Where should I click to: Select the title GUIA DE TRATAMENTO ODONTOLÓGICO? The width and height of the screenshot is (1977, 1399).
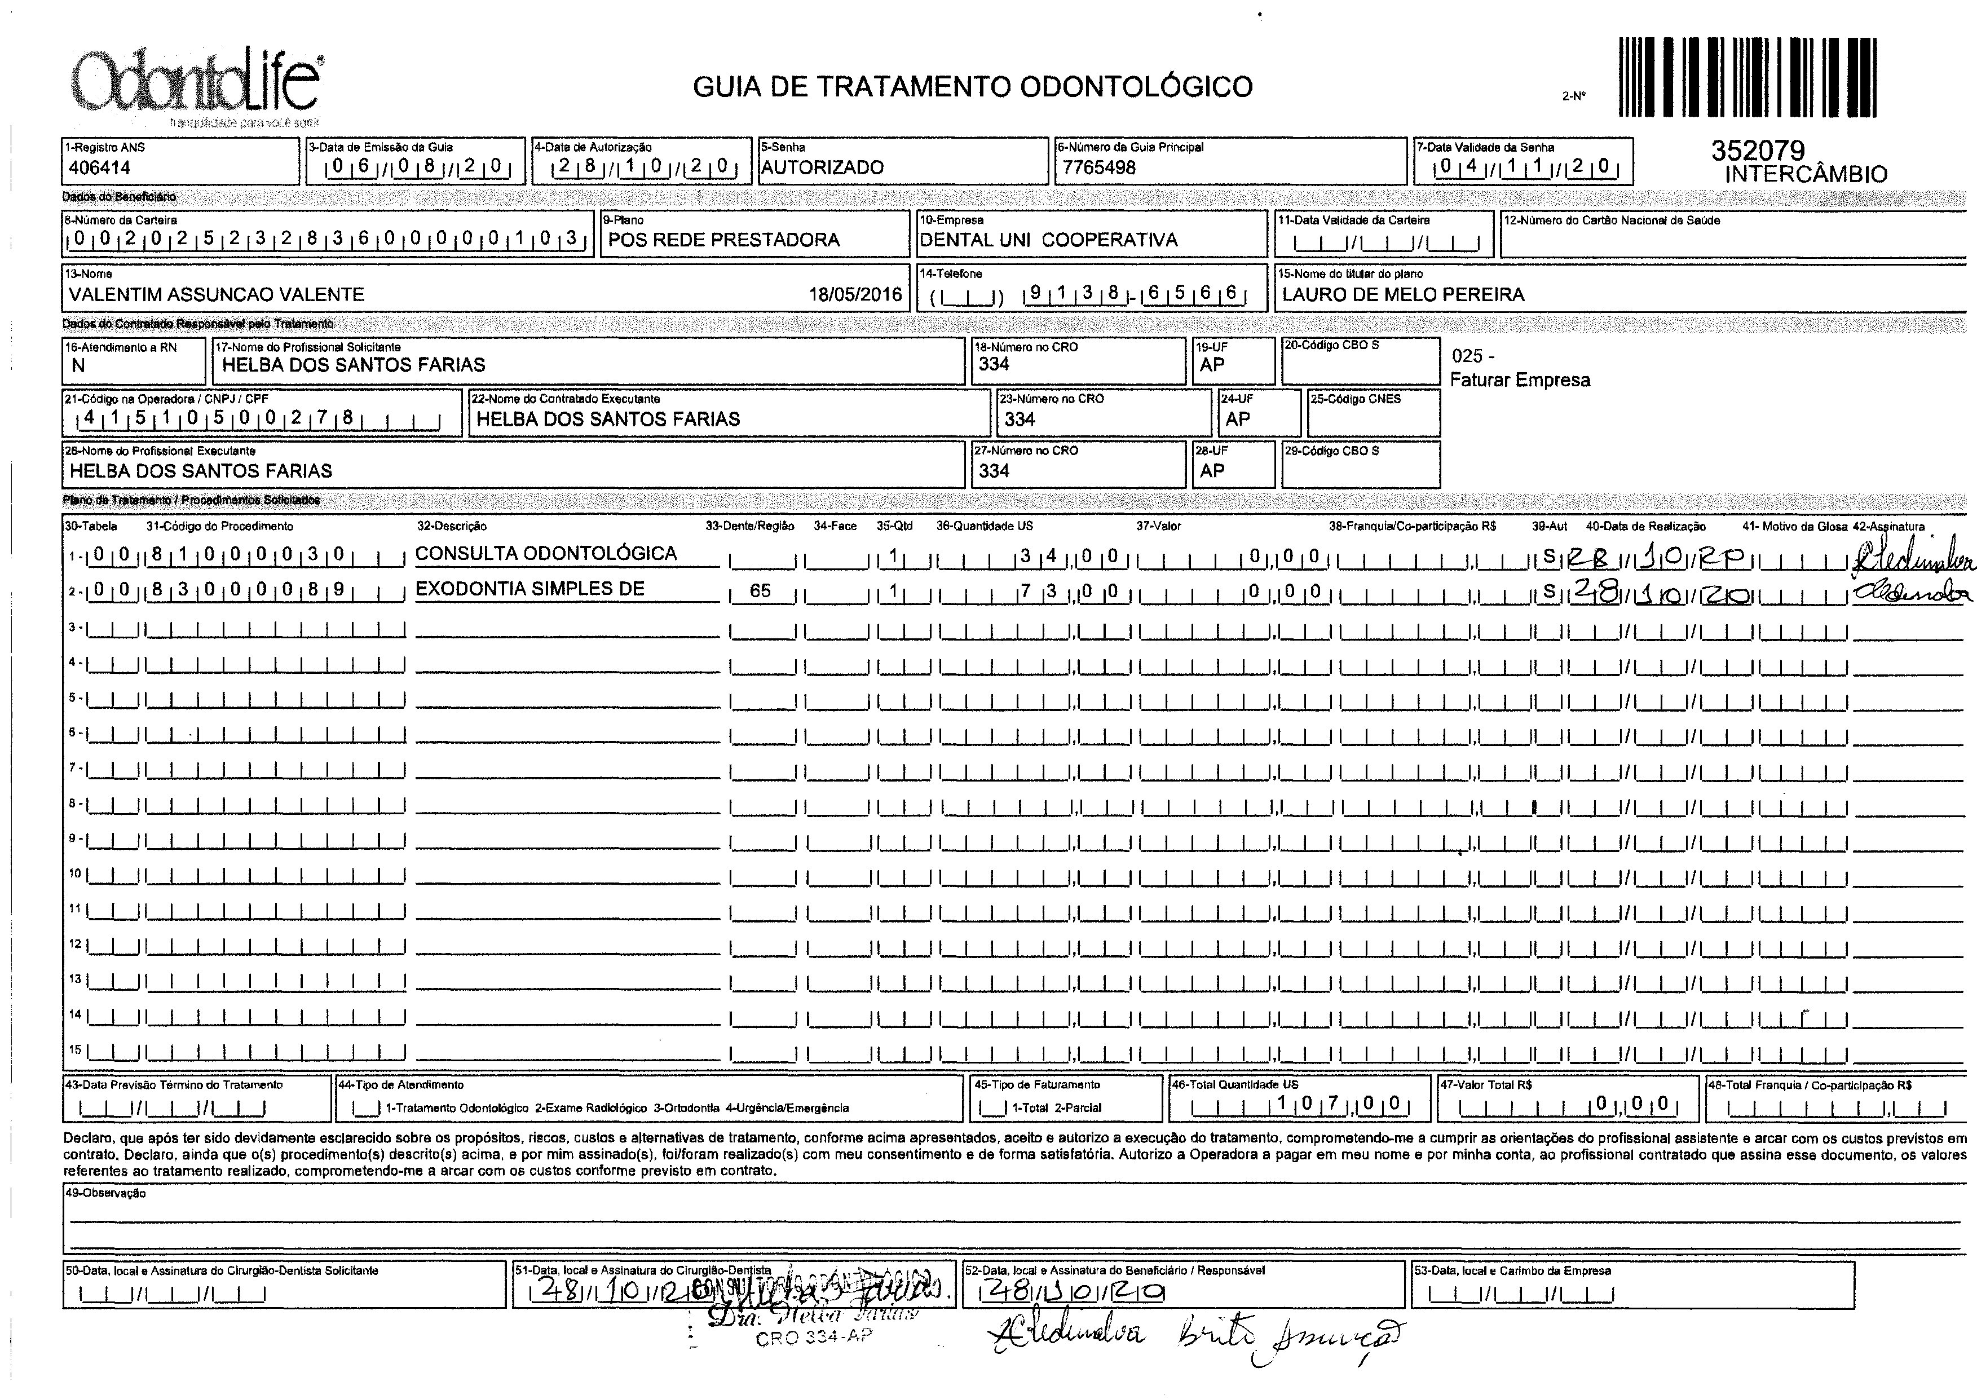click(973, 87)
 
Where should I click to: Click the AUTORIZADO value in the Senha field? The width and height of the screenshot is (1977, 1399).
click(823, 167)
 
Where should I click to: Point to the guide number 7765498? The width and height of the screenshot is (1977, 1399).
click(1099, 167)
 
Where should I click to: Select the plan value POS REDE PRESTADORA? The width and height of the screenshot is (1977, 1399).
click(723, 240)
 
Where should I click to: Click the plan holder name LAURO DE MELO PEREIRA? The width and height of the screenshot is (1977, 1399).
click(1404, 294)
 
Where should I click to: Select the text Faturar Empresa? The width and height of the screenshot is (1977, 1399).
click(1520, 380)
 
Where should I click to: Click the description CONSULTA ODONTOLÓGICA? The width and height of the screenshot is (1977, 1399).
click(546, 553)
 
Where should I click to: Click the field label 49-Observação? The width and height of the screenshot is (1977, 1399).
click(105, 1194)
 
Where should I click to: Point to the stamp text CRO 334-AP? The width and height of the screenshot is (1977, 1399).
click(813, 1337)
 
